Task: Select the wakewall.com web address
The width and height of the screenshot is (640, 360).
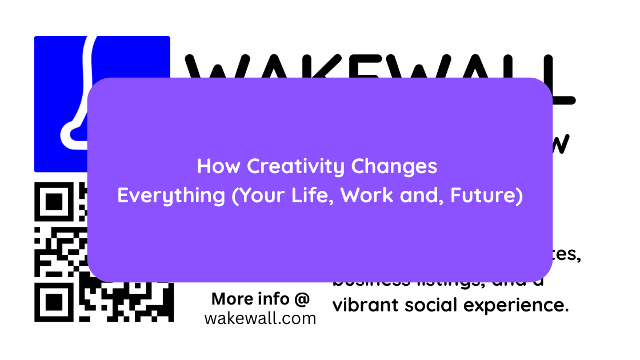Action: coord(260,318)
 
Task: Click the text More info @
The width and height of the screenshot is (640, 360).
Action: coord(260,299)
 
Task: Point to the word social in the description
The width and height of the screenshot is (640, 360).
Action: coord(431,305)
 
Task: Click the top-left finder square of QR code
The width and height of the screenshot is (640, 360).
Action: coord(54,201)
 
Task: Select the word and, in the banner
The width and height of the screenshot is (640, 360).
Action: coord(422,195)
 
